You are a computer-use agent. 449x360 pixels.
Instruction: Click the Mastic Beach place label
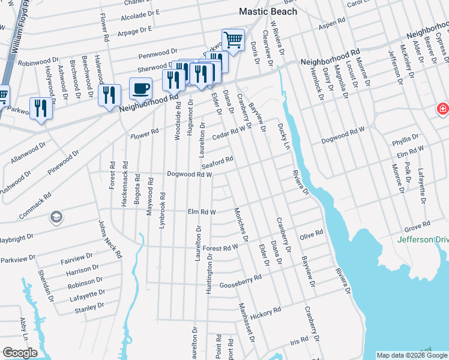[x=268, y=11]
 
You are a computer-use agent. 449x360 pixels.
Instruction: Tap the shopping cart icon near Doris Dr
[x=233, y=40]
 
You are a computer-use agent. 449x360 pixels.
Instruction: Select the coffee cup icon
[x=140, y=88]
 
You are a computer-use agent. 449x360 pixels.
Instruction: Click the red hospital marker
[x=442, y=110]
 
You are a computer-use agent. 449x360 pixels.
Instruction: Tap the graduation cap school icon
[x=56, y=216]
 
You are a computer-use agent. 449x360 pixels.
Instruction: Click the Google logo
[x=20, y=353]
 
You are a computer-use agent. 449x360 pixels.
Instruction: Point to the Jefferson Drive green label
[x=423, y=240]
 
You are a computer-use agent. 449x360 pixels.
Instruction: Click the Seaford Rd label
[x=217, y=162]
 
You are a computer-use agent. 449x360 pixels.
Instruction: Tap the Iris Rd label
[x=298, y=340]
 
